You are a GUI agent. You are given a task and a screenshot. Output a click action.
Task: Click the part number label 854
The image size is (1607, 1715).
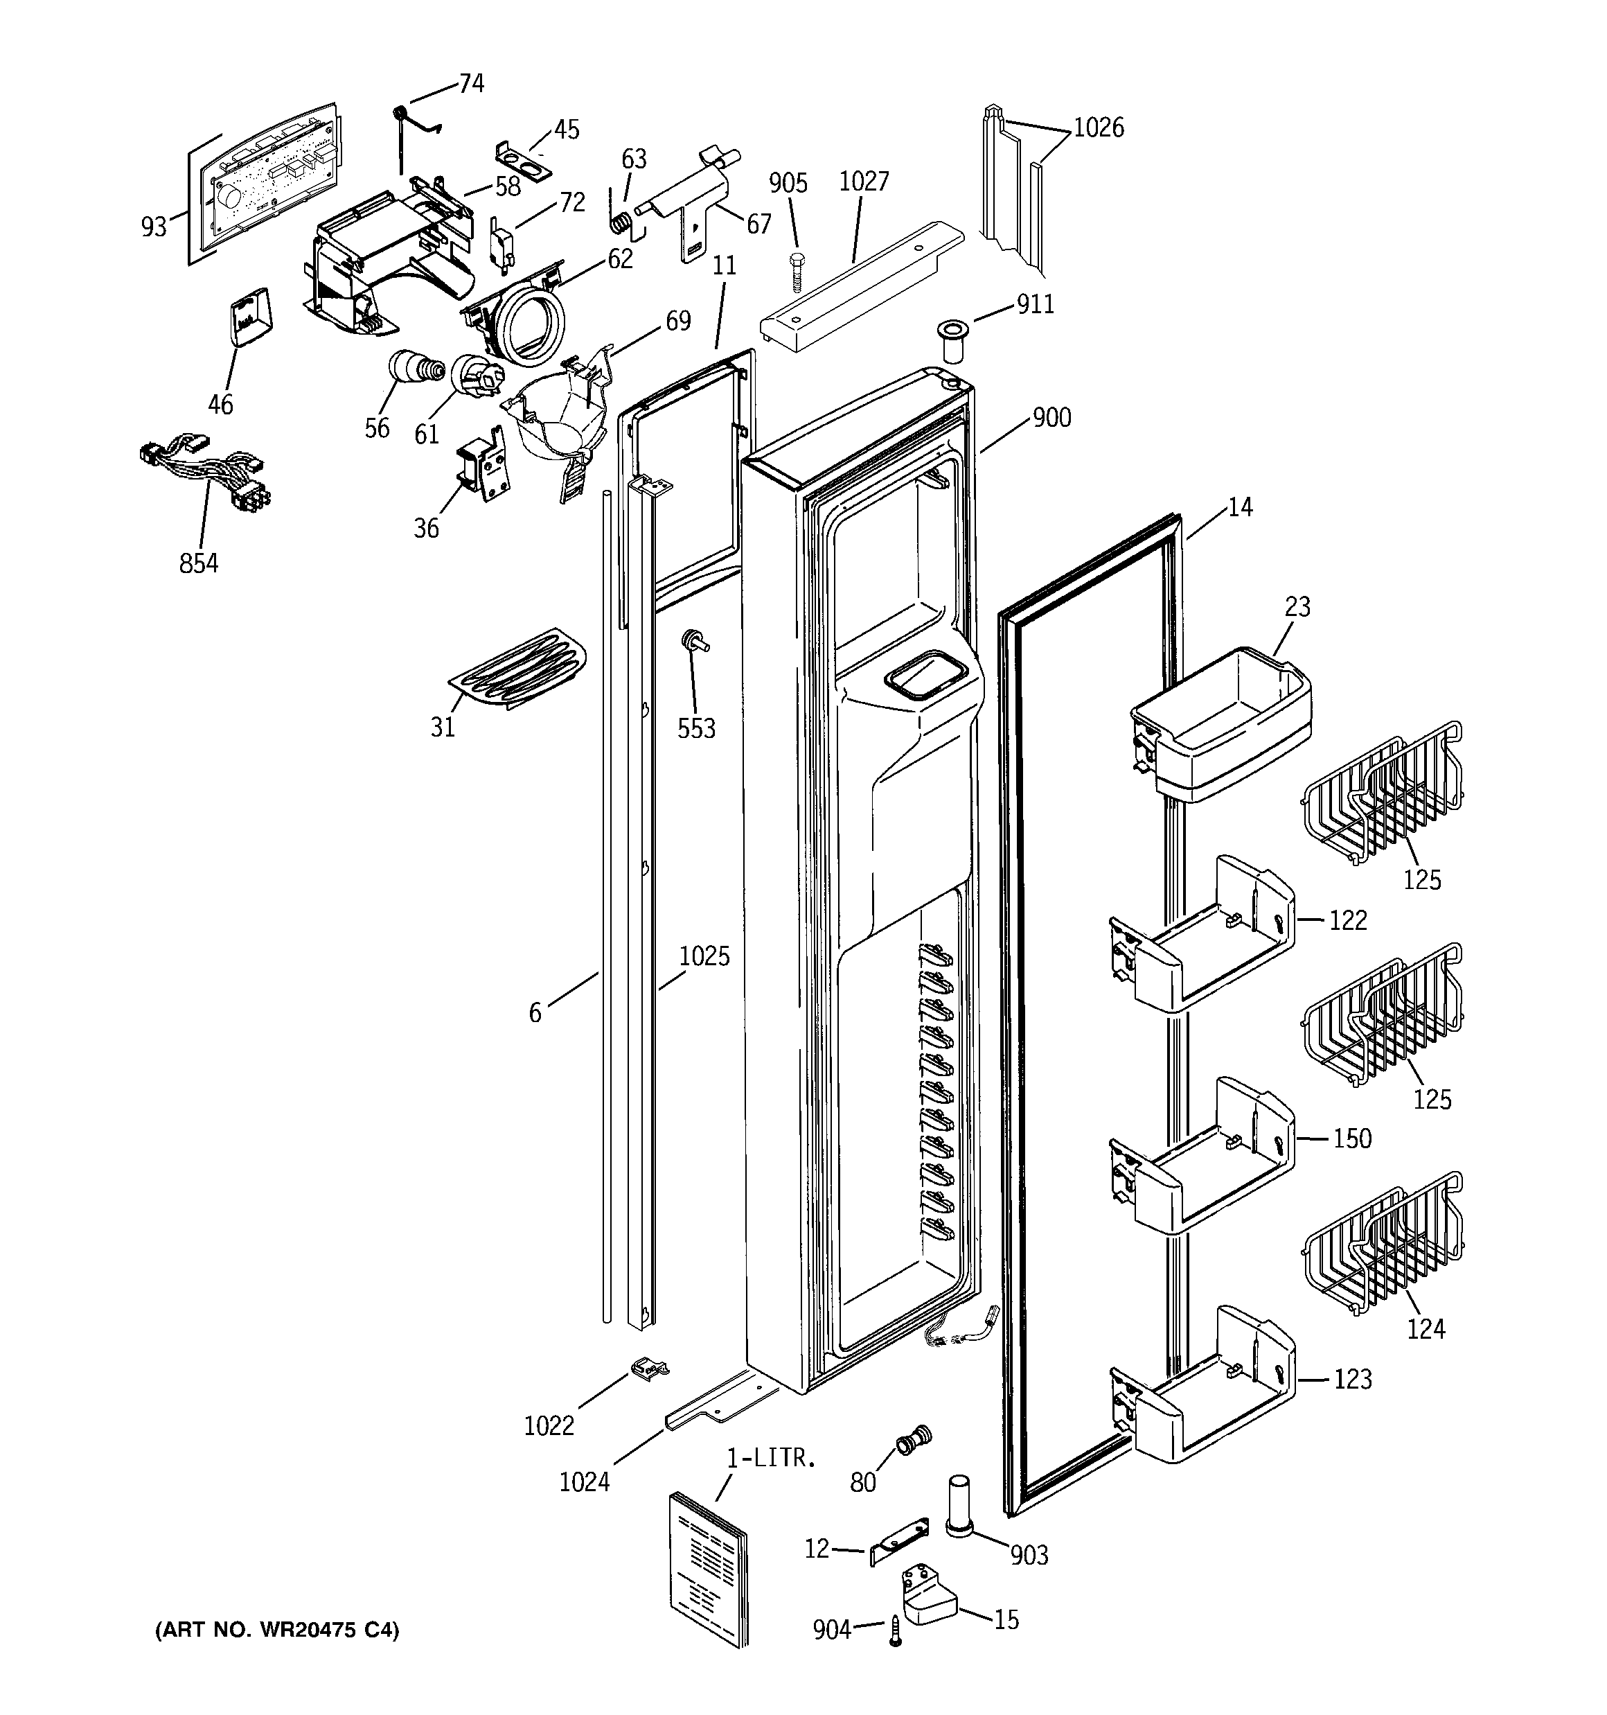[x=198, y=563]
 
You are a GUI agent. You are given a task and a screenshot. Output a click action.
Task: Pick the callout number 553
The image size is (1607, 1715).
[x=696, y=729]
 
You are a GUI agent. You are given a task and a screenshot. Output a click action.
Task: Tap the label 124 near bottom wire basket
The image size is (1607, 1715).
[x=1426, y=1329]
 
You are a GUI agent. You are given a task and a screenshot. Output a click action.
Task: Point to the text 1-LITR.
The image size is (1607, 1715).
[x=770, y=1459]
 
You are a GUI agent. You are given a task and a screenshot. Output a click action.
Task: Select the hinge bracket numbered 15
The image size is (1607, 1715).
[x=928, y=1601]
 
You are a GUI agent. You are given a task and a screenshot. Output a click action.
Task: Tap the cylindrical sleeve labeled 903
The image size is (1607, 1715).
[x=959, y=1504]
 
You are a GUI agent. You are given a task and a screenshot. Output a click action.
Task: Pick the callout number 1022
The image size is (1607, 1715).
[x=549, y=1426]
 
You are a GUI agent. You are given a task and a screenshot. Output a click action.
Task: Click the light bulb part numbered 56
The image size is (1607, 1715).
[x=414, y=369]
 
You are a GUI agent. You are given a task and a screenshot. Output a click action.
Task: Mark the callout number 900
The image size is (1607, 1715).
[x=1051, y=419]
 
